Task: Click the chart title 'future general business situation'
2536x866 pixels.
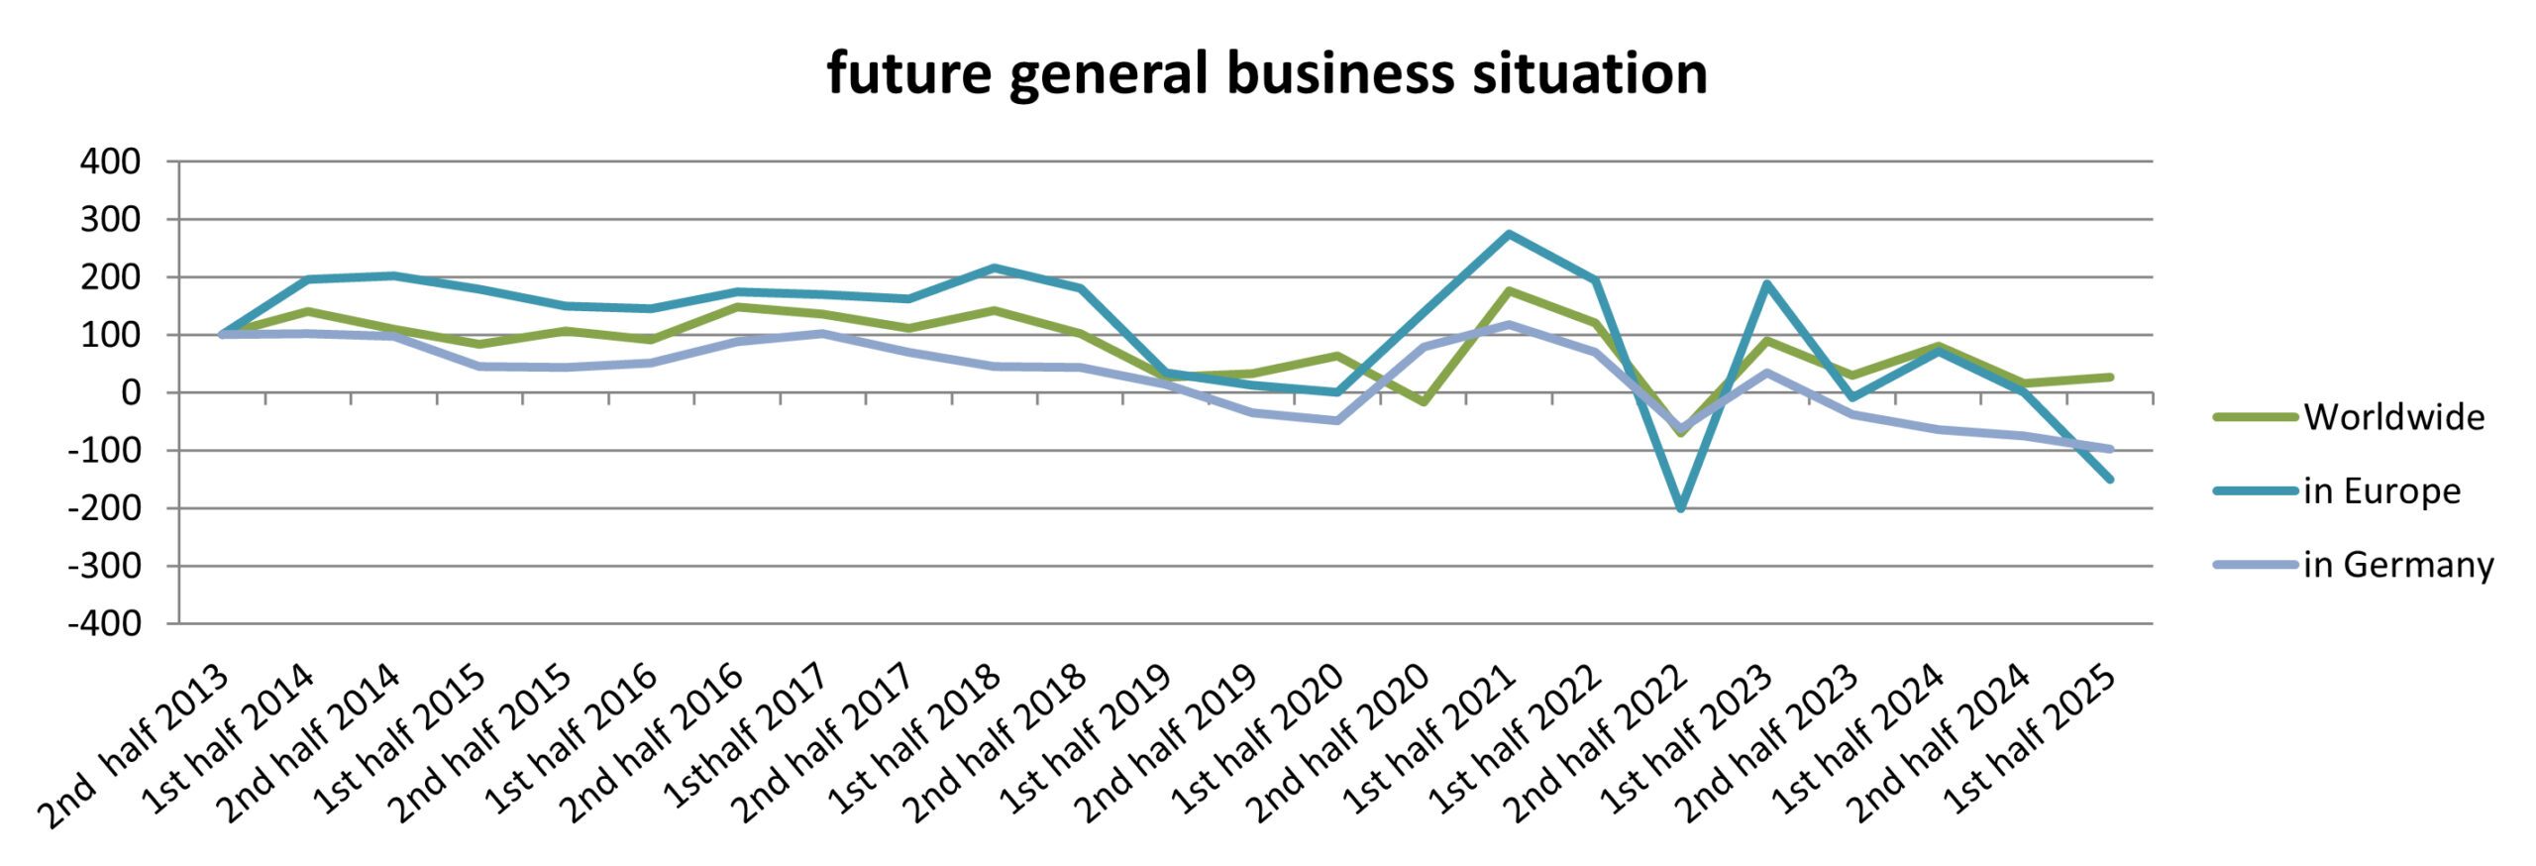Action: pos(1267,73)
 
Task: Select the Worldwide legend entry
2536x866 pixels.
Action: pos(2392,417)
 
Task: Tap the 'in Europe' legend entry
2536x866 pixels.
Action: pos(2380,490)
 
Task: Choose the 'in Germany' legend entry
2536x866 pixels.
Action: pos(2397,564)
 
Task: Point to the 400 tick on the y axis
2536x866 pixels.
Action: pos(110,162)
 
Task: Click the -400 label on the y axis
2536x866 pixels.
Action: pos(104,624)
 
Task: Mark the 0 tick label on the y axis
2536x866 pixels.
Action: pos(130,393)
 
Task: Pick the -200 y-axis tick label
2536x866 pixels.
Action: pos(104,508)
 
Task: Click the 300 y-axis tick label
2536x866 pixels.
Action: pos(110,219)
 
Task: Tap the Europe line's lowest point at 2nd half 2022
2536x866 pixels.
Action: pos(1680,508)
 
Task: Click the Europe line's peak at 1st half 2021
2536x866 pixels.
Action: pos(1509,234)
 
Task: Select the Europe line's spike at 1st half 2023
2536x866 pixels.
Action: pos(1765,284)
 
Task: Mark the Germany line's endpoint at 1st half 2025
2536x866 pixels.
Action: pos(2109,449)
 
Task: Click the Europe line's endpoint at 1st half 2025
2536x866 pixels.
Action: pos(2109,479)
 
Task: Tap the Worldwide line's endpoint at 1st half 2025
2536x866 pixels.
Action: pos(2109,378)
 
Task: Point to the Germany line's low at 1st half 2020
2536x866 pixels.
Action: pos(1337,421)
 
